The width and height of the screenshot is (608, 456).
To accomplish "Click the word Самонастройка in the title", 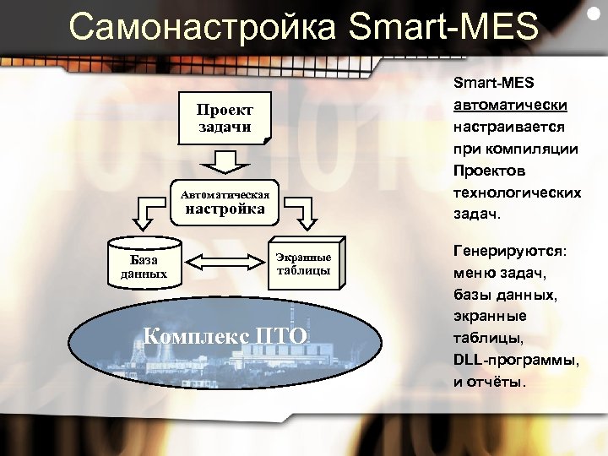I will (202, 27).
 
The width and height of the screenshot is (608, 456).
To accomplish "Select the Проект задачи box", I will (225, 119).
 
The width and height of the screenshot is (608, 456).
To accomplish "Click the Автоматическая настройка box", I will (225, 202).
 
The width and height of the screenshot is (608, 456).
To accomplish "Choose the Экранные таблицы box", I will (303, 263).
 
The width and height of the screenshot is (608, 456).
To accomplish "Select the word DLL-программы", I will (515, 360).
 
